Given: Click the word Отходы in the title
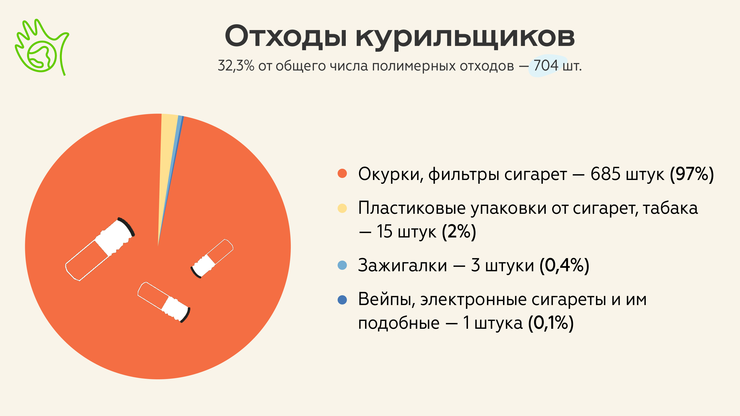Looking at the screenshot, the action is [286, 36].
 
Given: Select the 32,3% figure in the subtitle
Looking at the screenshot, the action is [236, 66].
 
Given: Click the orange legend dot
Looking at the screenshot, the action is [342, 173].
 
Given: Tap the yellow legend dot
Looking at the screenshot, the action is [342, 208].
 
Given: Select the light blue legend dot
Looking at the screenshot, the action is [342, 265].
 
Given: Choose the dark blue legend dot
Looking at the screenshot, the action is [342, 300].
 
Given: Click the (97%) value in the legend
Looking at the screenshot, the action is [692, 174].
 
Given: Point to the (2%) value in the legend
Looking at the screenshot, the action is [459, 232].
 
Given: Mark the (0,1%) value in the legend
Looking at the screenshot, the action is [551, 323].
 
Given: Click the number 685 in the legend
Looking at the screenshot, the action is [605, 174].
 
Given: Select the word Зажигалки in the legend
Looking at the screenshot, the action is [403, 266].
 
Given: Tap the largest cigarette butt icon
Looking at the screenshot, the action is [100, 249].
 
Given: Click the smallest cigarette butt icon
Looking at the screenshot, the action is [212, 259].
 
